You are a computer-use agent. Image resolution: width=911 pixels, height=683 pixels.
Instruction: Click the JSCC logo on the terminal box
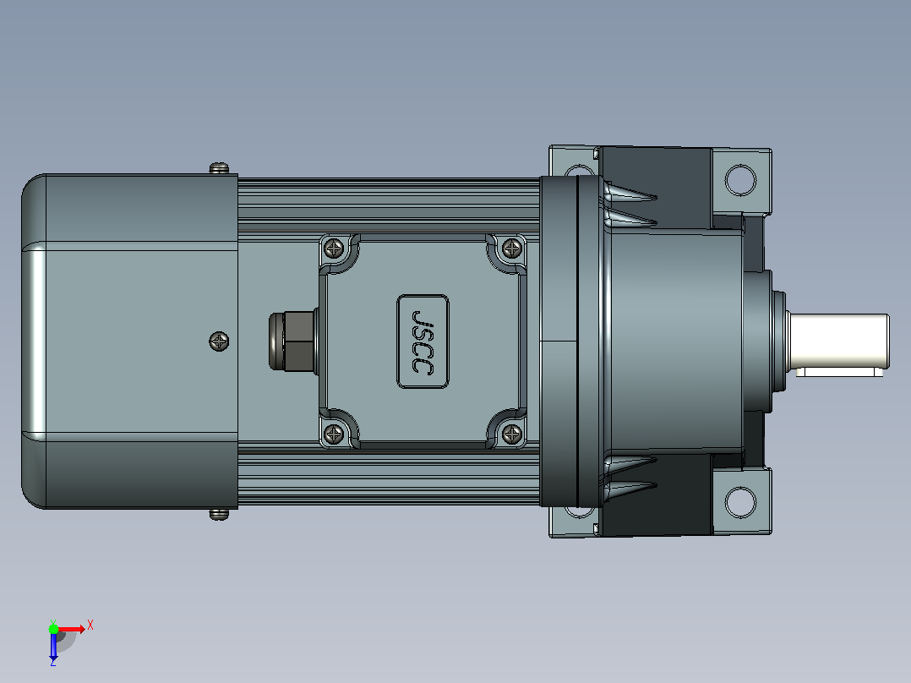pyautogui.click(x=423, y=341)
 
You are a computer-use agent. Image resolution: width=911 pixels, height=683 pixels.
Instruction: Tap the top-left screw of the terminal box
pyautogui.click(x=334, y=249)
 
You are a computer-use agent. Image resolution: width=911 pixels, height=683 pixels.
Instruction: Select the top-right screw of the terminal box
pyautogui.click(x=512, y=249)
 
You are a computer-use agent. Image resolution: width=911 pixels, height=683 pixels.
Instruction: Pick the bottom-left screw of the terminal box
pyautogui.click(x=334, y=433)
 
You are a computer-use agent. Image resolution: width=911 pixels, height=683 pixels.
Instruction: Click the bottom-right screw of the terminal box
pyautogui.click(x=512, y=433)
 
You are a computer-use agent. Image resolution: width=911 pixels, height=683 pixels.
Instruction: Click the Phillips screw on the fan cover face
pyautogui.click(x=219, y=341)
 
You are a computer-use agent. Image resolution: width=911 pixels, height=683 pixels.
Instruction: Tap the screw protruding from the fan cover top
pyautogui.click(x=219, y=168)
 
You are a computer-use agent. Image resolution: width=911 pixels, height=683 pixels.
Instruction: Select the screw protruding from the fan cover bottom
pyautogui.click(x=219, y=515)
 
